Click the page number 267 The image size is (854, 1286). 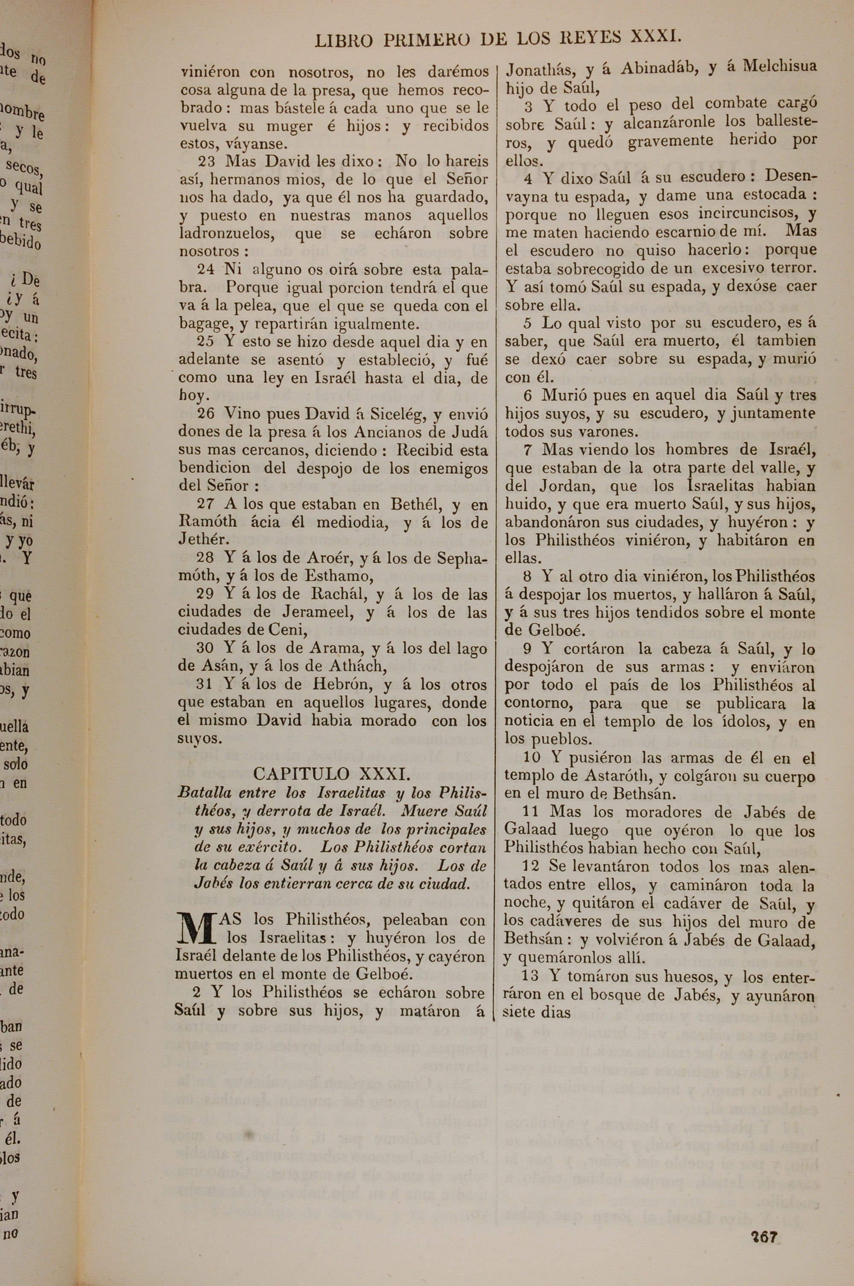pyautogui.click(x=765, y=1222)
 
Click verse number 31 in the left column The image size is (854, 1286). pyautogui.click(x=205, y=685)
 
